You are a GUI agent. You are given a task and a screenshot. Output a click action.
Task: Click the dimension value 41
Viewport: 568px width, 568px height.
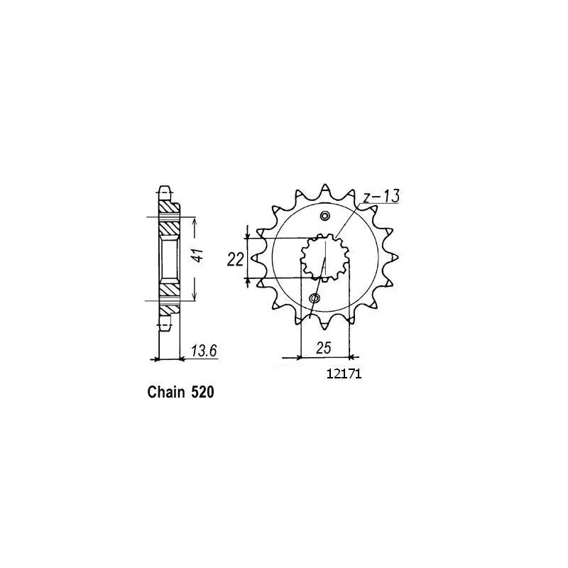(198, 256)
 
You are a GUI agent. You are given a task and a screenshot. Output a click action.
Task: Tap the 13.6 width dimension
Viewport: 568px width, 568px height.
(204, 351)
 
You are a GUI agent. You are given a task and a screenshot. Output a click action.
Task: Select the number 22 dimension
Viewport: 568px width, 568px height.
(235, 259)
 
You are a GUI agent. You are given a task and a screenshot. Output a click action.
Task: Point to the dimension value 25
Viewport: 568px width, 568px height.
(324, 348)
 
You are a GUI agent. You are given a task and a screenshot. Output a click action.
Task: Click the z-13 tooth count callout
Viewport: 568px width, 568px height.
(381, 196)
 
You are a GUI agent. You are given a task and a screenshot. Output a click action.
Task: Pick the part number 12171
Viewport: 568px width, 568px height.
(344, 373)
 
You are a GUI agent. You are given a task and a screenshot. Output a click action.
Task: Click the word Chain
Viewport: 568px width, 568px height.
(165, 393)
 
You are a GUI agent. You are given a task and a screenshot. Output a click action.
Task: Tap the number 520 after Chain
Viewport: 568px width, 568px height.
(202, 393)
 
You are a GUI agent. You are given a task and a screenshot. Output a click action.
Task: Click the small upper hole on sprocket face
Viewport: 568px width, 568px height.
(325, 217)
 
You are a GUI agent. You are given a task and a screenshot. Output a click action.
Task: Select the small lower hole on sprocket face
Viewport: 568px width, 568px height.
(315, 298)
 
